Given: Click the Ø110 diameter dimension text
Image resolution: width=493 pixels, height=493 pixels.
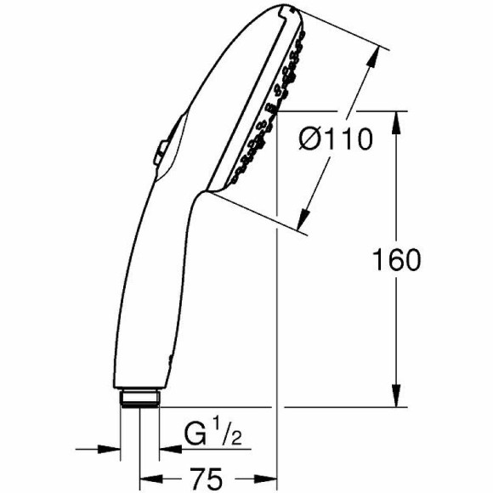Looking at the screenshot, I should point(335,139).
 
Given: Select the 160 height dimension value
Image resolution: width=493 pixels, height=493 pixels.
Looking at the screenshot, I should point(397,260).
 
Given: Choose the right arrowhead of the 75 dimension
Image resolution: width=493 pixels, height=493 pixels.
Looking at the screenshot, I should point(271,478).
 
